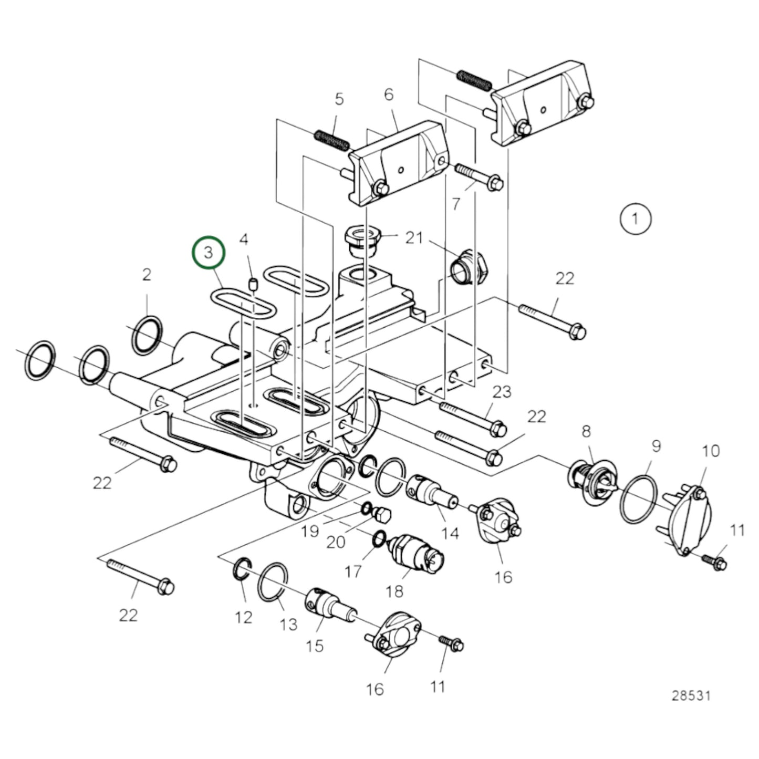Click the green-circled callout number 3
point(208,253)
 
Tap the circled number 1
point(636,219)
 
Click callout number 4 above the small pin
point(244,239)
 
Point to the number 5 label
point(339,99)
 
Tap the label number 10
point(711,451)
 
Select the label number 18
point(394,591)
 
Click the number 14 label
point(450,534)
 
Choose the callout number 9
point(656,446)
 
